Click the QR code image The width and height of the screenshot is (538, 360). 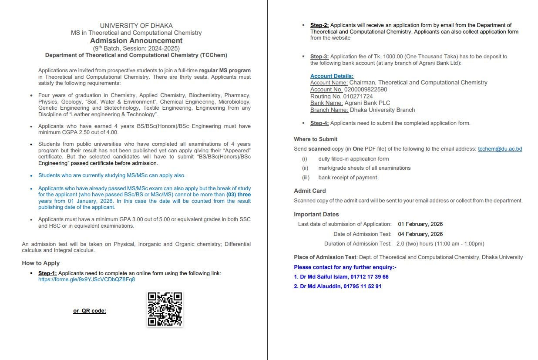tap(165, 309)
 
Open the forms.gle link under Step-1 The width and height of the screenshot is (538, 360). tap(87, 279)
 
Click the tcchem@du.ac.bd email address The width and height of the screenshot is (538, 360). tap(500, 149)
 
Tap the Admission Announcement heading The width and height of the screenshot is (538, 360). tap(136, 41)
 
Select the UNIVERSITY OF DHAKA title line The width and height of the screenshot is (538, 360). tap(136, 26)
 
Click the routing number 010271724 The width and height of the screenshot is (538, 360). tap(358, 96)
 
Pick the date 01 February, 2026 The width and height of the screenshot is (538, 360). tap(420, 224)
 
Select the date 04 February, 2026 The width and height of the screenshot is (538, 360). tap(420, 234)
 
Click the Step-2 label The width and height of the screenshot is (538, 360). tap(319, 25)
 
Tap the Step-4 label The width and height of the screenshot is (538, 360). tap(319, 123)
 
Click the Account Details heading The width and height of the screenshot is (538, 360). tap(332, 76)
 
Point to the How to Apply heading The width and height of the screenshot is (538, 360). tap(41, 263)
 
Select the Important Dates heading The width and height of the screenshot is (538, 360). tap(316, 214)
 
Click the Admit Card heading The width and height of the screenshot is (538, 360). tap(309, 191)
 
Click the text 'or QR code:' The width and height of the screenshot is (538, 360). tap(90, 311)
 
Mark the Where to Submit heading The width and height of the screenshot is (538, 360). tap(316, 139)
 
